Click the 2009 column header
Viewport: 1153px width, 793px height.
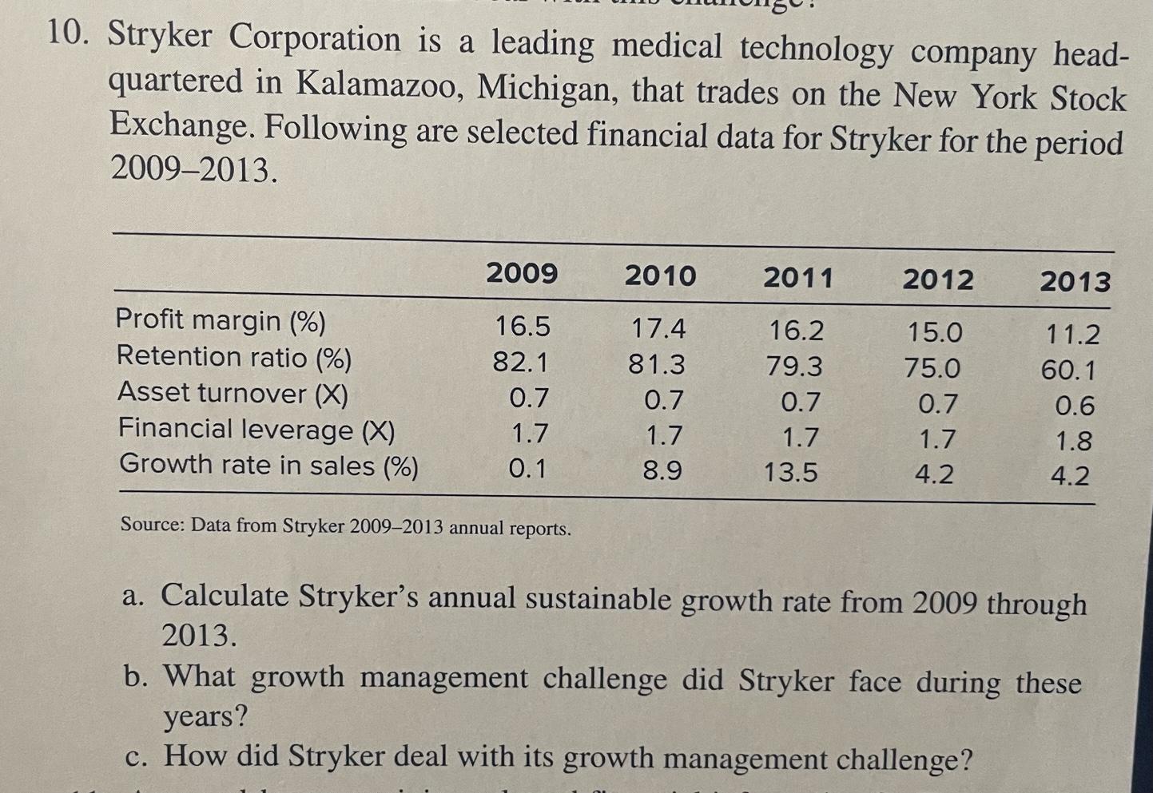pyautogui.click(x=522, y=273)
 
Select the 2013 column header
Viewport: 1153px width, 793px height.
pyautogui.click(x=1075, y=282)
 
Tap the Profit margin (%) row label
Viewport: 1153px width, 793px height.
pyautogui.click(x=221, y=320)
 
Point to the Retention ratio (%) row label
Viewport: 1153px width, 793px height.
pyautogui.click(x=234, y=357)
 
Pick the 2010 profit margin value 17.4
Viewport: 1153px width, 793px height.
pyautogui.click(x=658, y=328)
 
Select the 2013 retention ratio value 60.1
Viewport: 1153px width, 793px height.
pyautogui.click(x=1068, y=371)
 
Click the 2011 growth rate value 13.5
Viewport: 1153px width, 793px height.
pyautogui.click(x=790, y=473)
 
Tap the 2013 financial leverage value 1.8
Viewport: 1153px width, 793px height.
pyautogui.click(x=1074, y=442)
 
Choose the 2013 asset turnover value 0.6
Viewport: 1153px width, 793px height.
pyautogui.click(x=1075, y=406)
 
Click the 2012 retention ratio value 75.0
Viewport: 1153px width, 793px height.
pyautogui.click(x=932, y=368)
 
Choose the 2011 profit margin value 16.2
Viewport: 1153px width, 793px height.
pyautogui.click(x=796, y=330)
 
